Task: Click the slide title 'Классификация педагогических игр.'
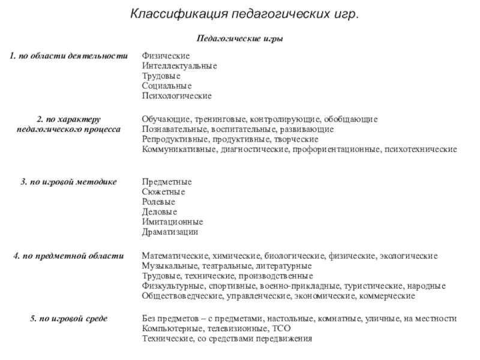pos(245,13)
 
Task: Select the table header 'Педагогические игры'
pos(240,39)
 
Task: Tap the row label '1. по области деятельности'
pos(68,55)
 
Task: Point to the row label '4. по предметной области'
pos(68,256)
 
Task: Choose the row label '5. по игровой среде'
pos(68,319)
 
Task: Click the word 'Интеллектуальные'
pos(179,65)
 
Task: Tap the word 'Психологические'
pos(176,96)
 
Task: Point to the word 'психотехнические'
pos(421,149)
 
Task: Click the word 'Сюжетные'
pos(163,191)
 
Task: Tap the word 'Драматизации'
pos(170,232)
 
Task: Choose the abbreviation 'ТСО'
pos(281,329)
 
